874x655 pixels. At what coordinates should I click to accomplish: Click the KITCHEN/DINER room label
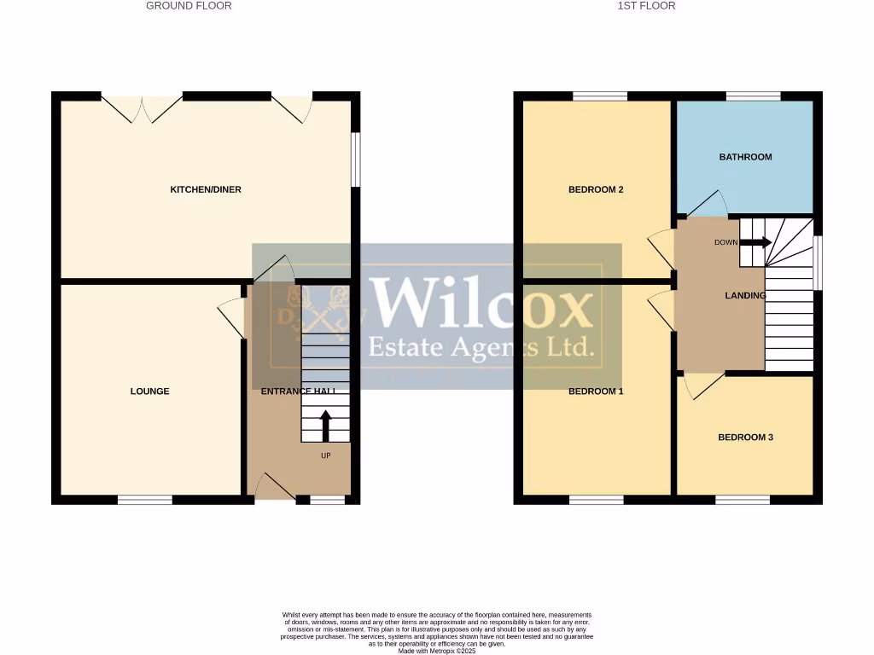click(206, 189)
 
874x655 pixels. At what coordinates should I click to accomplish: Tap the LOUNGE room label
click(149, 391)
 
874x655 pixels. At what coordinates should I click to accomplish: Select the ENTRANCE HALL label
click(298, 391)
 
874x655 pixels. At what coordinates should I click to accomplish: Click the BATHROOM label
click(745, 157)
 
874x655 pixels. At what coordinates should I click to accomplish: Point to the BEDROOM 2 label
click(596, 189)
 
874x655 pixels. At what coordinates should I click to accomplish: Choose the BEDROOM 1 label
click(596, 391)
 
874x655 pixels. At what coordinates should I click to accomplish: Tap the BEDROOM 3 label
click(745, 438)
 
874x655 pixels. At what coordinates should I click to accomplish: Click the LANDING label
click(745, 296)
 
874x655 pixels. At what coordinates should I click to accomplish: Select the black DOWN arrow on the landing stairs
click(755, 242)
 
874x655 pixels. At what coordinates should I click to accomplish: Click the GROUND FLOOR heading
click(189, 6)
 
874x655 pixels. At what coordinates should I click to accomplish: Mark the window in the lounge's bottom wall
click(144, 500)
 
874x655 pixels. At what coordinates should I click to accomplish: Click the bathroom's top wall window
click(753, 96)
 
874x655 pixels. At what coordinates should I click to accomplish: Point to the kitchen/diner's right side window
click(356, 159)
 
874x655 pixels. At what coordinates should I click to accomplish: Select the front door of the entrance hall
click(275, 488)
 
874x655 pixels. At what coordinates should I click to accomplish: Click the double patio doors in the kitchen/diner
click(143, 107)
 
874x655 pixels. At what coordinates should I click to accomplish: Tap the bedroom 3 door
click(702, 385)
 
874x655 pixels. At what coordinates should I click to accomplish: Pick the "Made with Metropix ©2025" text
click(437, 651)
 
